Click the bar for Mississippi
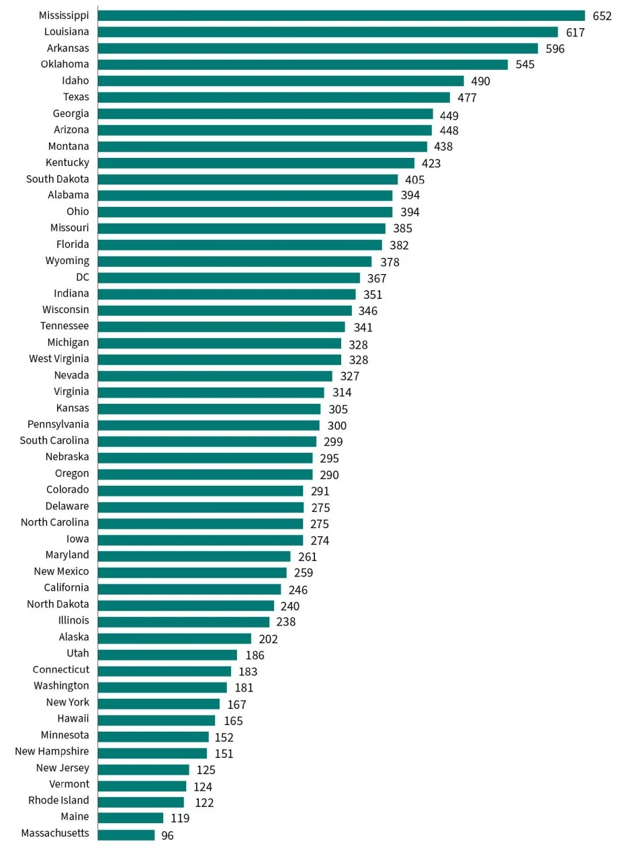pos(341,15)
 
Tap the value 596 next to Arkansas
pos(555,48)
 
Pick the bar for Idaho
pos(281,81)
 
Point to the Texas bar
pos(273,97)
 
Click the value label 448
pos(449,130)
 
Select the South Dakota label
pos(57,179)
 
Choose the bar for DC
pos(228,277)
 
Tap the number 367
pos(377,278)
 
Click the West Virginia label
pos(58,359)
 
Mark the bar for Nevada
pos(215,376)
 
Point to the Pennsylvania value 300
pos(337,425)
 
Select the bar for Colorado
pos(200,490)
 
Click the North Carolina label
pos(54,523)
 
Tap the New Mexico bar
pos(192,572)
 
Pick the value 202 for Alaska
pos(268,639)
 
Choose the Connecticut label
pos(60,670)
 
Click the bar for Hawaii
pos(156,720)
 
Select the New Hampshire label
pos(52,752)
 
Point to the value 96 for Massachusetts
pos(167,836)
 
